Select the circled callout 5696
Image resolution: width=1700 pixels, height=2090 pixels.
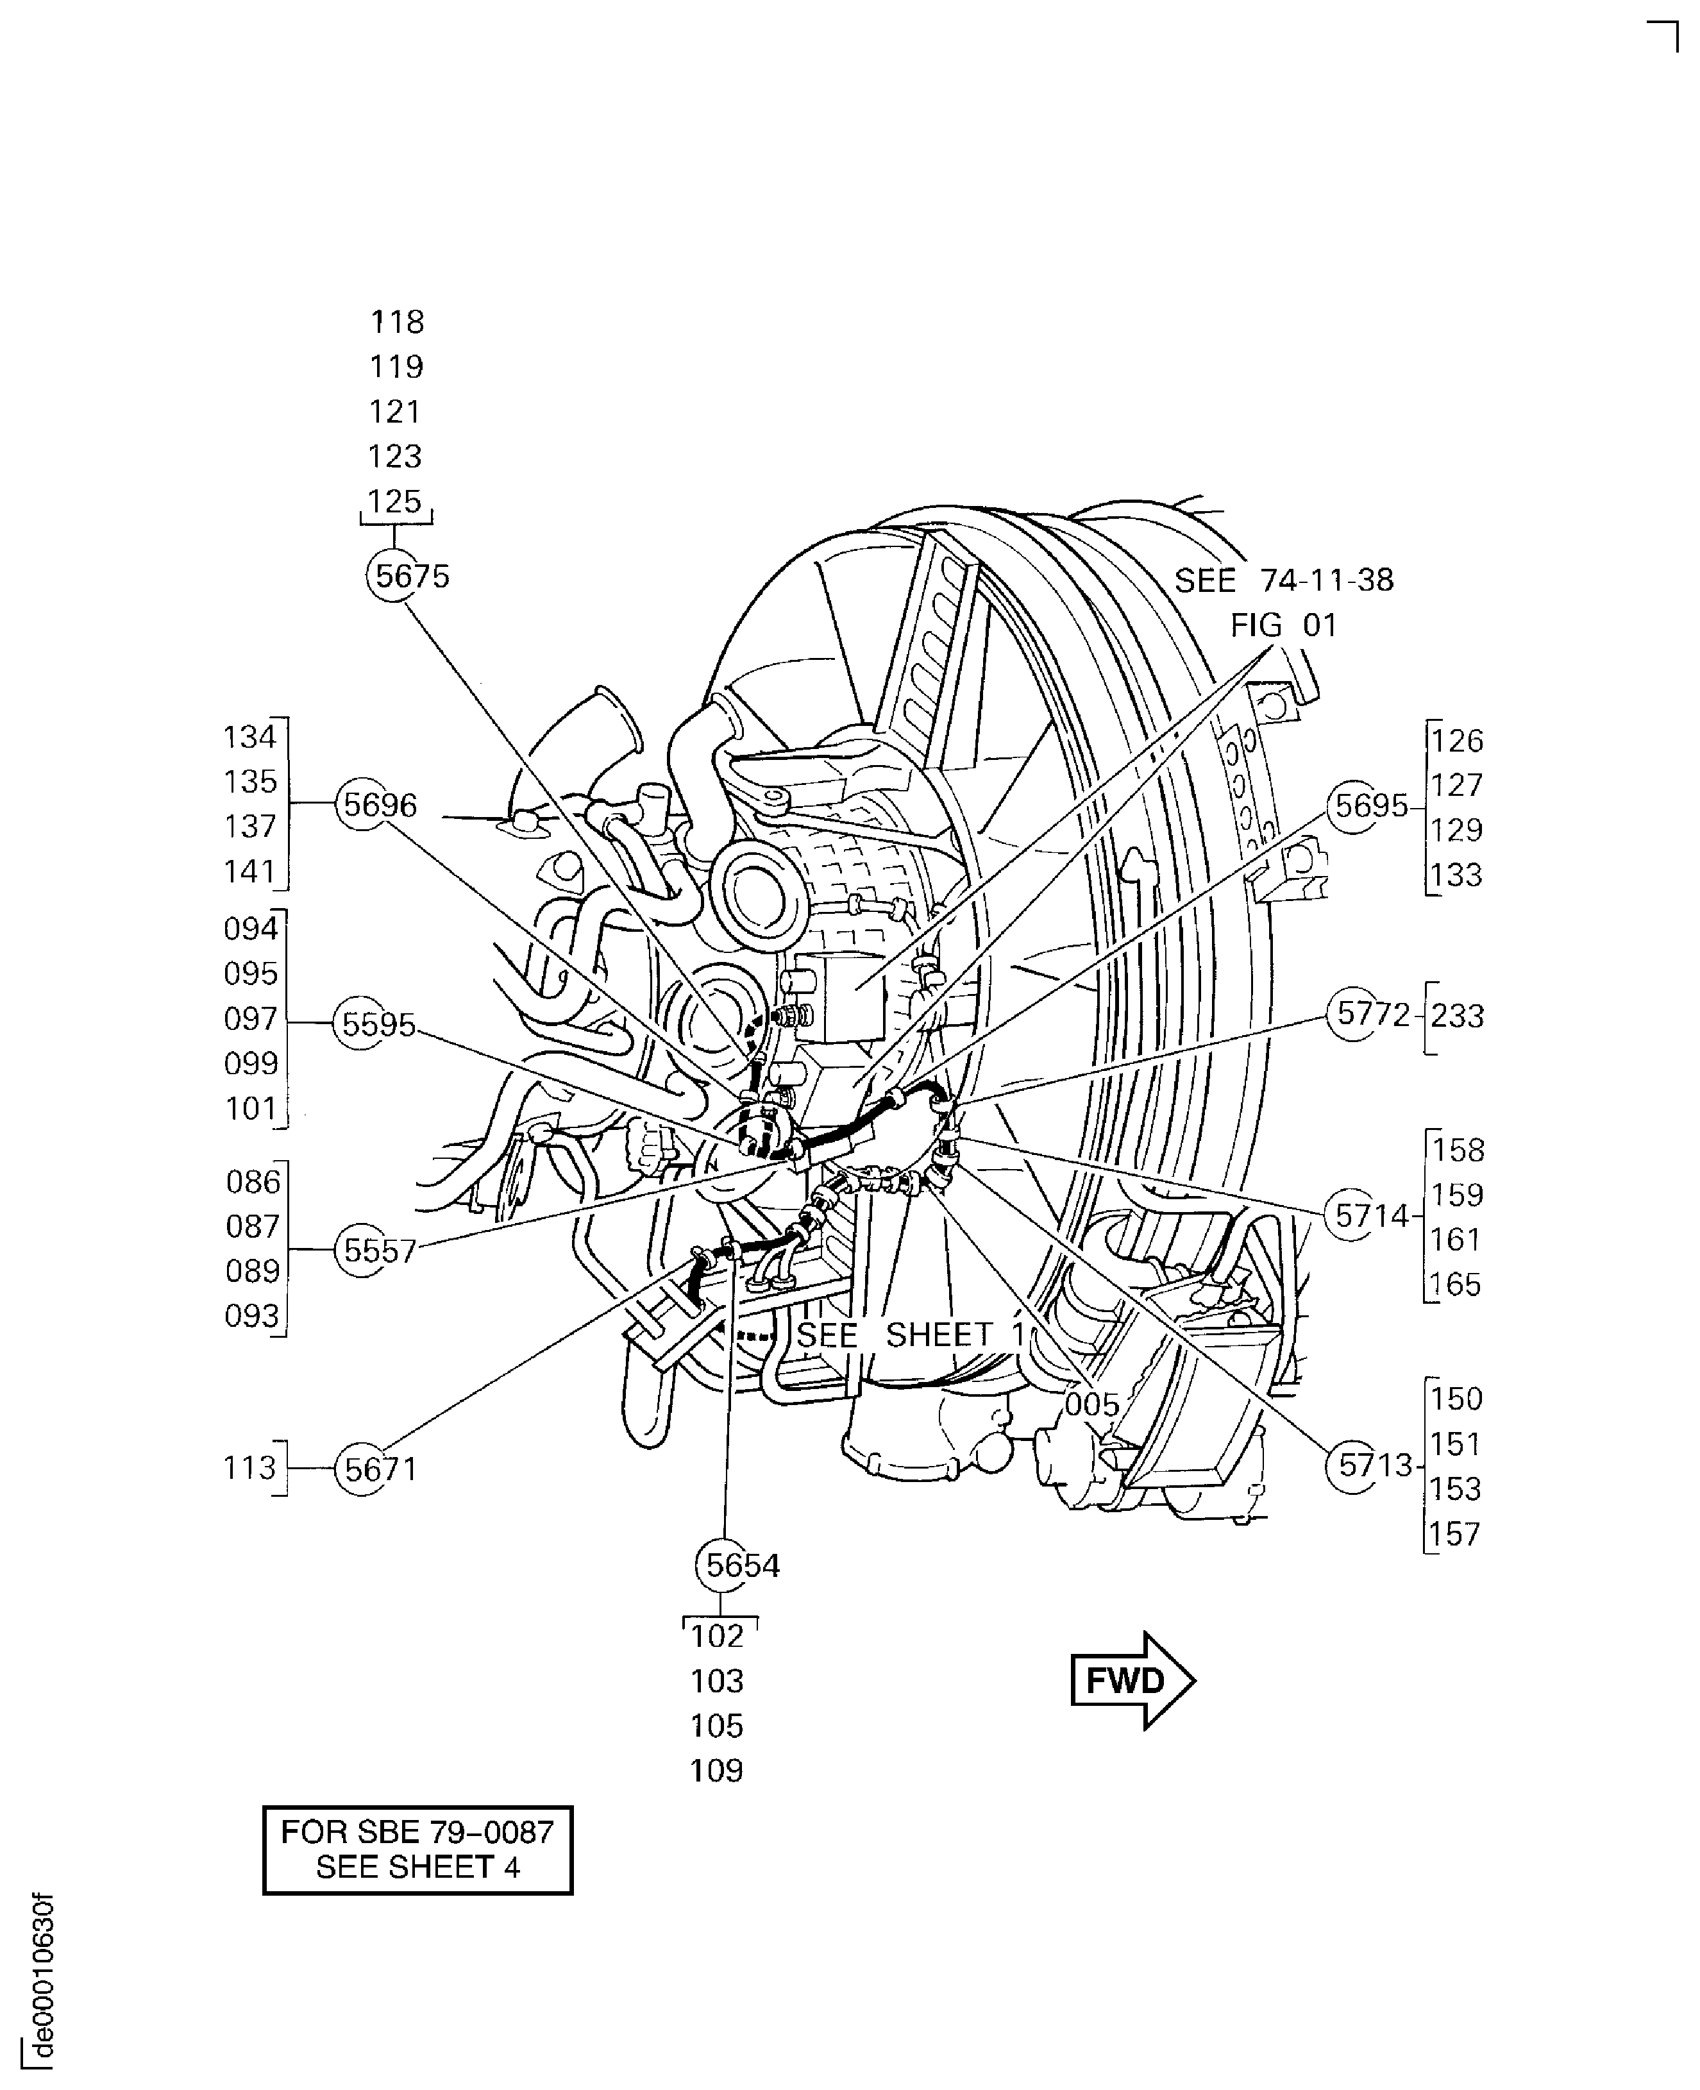[364, 804]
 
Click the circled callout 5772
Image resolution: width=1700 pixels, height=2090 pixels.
[1354, 1015]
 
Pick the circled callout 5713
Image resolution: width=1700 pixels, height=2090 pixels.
[1354, 1466]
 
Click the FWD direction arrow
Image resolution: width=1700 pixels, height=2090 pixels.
[1132, 1681]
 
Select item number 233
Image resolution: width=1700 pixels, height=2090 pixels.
[1457, 1016]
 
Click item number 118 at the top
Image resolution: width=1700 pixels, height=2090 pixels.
[396, 321]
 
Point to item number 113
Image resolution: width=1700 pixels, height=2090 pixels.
[249, 1468]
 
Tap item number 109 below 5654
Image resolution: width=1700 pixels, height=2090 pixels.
[717, 1771]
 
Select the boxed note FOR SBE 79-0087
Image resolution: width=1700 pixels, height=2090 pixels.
[417, 1850]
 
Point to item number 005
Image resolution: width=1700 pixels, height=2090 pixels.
[1091, 1404]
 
